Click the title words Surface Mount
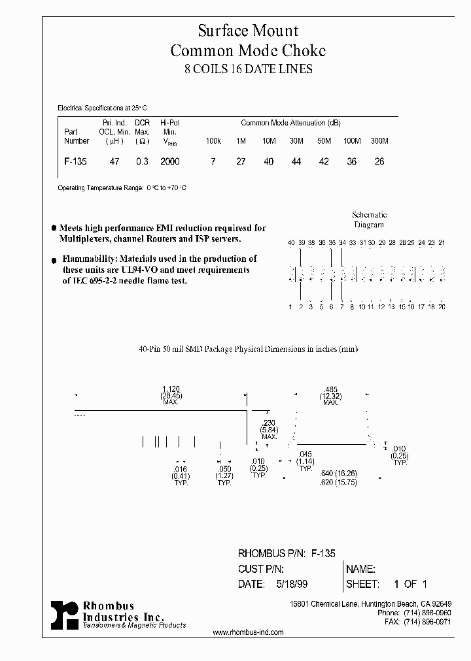(248, 31)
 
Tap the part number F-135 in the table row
(76, 161)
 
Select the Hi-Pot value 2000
(169, 161)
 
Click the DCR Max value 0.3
(142, 161)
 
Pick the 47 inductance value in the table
(114, 161)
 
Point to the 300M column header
(379, 141)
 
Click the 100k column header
(213, 141)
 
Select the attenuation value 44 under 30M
(296, 161)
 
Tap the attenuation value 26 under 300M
(379, 161)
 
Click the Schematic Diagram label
(370, 219)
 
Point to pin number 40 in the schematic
(290, 243)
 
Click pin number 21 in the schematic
(442, 243)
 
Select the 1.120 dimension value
(170, 389)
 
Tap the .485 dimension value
(331, 389)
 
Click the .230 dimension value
(268, 423)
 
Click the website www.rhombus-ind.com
(249, 632)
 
